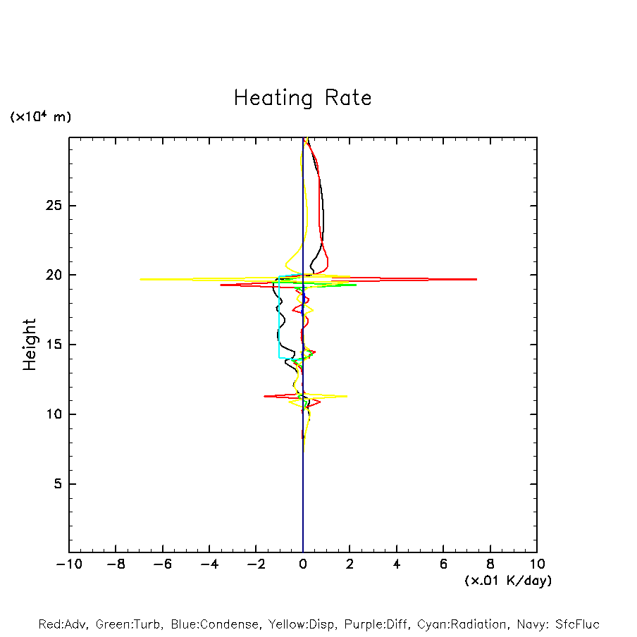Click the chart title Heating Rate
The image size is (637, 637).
[302, 98]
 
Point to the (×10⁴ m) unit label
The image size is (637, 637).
[40, 117]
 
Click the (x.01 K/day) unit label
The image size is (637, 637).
[507, 581]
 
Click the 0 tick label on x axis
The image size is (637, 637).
[303, 564]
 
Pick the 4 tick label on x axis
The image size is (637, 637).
[397, 564]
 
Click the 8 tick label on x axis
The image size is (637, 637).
[490, 564]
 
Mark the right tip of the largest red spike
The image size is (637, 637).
[477, 280]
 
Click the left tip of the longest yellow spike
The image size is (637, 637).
[140, 280]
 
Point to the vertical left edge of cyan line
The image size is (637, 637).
[279, 317]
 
